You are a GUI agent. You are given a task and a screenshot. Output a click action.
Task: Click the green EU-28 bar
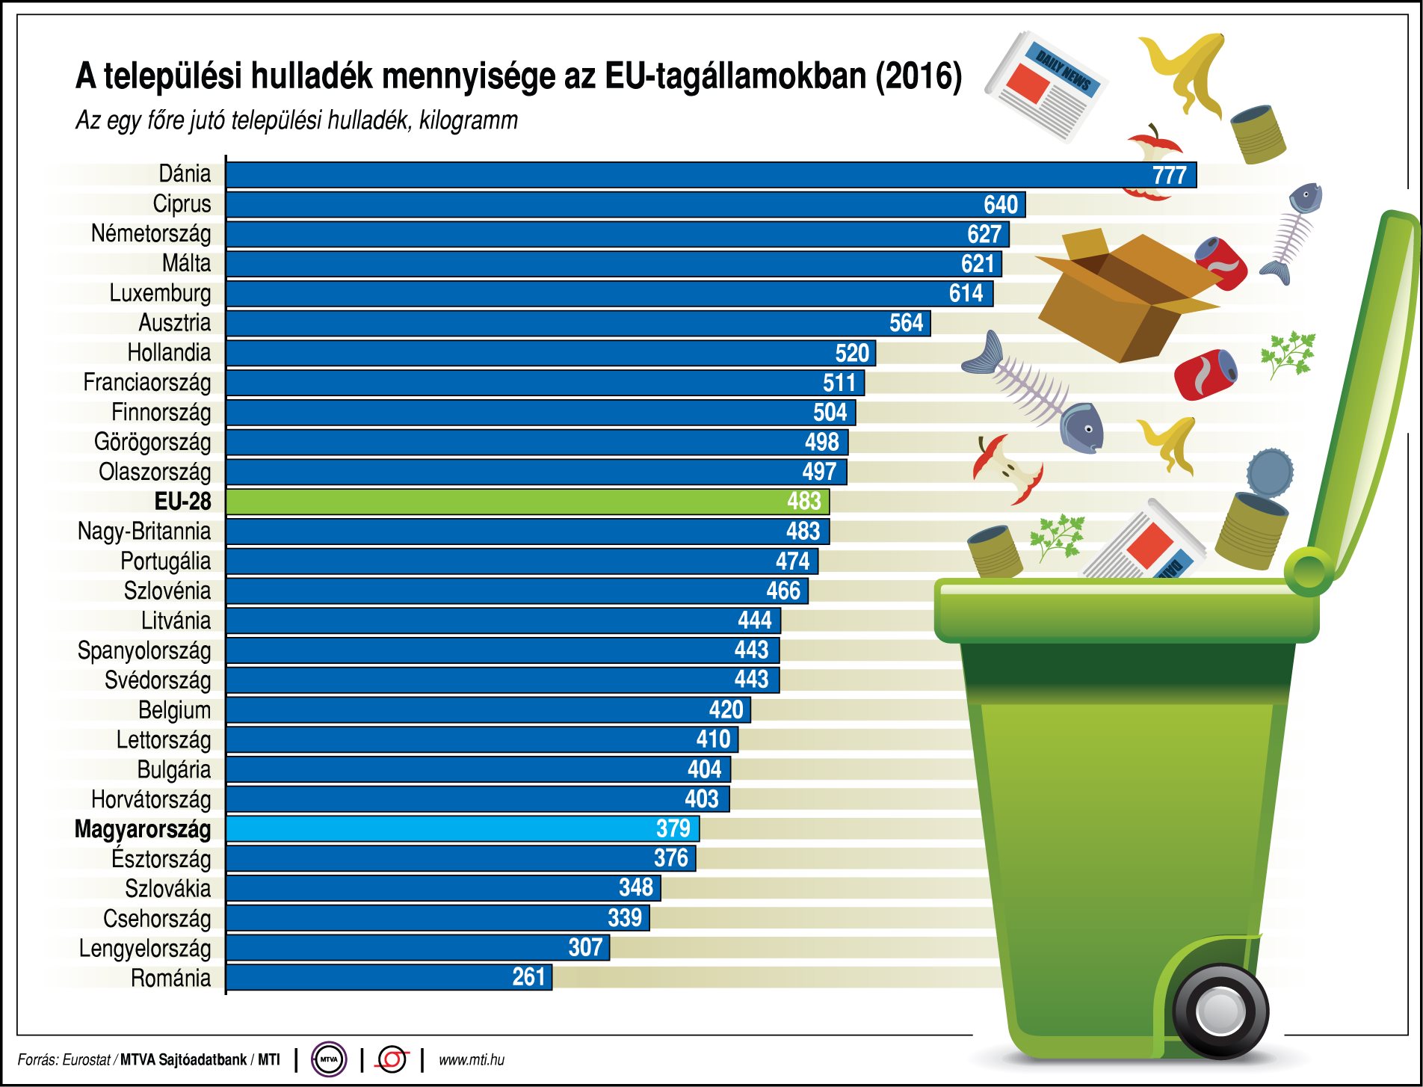pyautogui.click(x=523, y=502)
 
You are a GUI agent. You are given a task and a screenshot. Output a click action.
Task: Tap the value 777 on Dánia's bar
pyautogui.click(x=1169, y=176)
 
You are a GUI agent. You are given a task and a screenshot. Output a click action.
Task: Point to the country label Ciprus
pyautogui.click(x=182, y=204)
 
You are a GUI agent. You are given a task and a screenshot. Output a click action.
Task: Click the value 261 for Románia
pyautogui.click(x=528, y=977)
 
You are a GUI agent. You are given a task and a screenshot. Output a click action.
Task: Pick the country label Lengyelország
pyautogui.click(x=145, y=949)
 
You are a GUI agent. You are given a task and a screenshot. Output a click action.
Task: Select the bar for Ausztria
pyautogui.click(x=575, y=324)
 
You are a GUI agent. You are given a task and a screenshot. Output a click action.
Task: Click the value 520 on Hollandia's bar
pyautogui.click(x=852, y=353)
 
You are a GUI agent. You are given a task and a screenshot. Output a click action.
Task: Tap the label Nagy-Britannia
pyautogui.click(x=144, y=532)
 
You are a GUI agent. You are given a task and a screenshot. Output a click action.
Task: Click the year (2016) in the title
pyautogui.click(x=919, y=76)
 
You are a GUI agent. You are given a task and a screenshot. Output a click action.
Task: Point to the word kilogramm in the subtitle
pyautogui.click(x=469, y=120)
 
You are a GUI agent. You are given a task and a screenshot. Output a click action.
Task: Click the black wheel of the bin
pyautogui.click(x=1220, y=1011)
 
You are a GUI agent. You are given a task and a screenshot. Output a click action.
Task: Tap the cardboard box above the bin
pyautogui.click(x=1121, y=295)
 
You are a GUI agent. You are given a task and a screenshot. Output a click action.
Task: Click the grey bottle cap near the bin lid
pyautogui.click(x=1270, y=472)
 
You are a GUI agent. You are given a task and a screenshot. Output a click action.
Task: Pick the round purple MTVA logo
pyautogui.click(x=329, y=1059)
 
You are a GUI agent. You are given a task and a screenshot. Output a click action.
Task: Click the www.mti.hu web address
pyautogui.click(x=471, y=1060)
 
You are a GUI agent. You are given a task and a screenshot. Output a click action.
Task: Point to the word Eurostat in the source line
pyautogui.click(x=86, y=1060)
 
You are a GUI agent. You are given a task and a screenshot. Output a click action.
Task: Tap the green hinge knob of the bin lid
pyautogui.click(x=1308, y=572)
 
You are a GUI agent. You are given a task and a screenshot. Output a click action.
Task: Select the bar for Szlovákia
pyautogui.click(x=441, y=888)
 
